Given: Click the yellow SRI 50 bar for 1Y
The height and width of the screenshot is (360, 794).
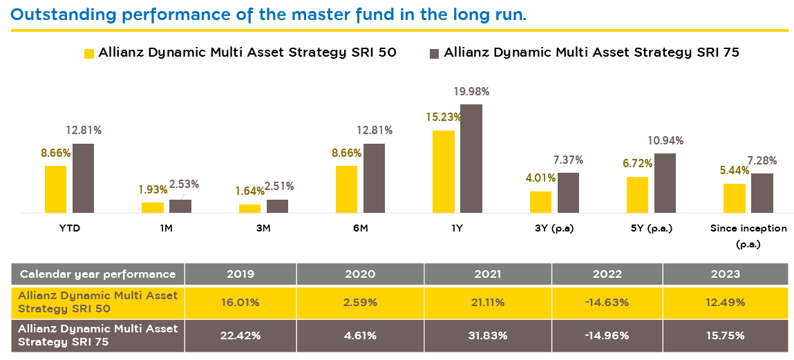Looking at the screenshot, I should pyautogui.click(x=443, y=171).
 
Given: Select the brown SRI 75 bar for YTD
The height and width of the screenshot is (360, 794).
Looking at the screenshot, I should pyautogui.click(x=83, y=178).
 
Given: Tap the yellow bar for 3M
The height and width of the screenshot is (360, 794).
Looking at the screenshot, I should pyautogui.click(x=249, y=209).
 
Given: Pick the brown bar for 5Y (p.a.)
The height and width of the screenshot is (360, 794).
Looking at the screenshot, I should pyautogui.click(x=665, y=183).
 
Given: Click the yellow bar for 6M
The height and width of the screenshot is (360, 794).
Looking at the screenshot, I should pyautogui.click(x=346, y=189).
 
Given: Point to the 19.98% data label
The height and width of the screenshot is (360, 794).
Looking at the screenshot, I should pyautogui.click(x=472, y=92).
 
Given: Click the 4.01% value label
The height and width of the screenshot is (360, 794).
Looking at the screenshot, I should pyautogui.click(x=539, y=177).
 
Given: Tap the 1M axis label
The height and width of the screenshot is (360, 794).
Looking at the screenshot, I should pyautogui.click(x=167, y=228).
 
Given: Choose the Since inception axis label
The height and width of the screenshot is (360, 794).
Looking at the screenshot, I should pyautogui.click(x=748, y=228).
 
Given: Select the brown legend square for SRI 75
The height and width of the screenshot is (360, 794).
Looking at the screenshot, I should pyautogui.click(x=435, y=53).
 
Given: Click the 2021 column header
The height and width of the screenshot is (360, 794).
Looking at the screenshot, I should pyautogui.click(x=487, y=274).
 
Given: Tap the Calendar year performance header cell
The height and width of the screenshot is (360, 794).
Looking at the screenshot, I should pyautogui.click(x=98, y=274).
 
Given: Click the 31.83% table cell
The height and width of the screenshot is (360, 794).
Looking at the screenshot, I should pyautogui.click(x=487, y=336).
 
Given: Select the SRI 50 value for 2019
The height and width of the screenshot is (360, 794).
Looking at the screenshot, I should pyautogui.click(x=240, y=303).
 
